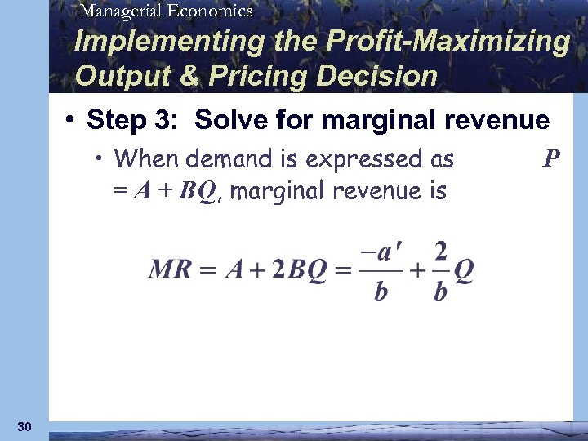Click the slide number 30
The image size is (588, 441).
[x=24, y=426]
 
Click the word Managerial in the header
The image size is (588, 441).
[x=122, y=11]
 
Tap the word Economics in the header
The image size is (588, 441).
[x=210, y=11]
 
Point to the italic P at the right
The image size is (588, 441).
[x=551, y=156]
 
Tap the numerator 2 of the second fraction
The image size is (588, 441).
[x=441, y=249]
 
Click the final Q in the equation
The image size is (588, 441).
[x=464, y=269]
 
